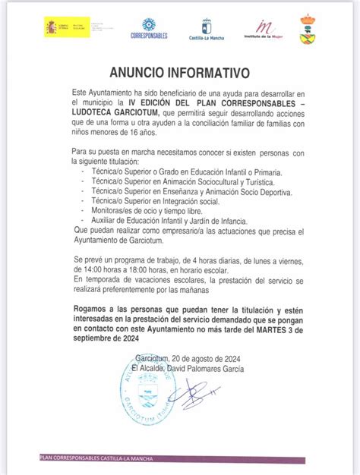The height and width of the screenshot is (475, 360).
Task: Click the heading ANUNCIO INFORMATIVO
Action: pyautogui.click(x=179, y=73)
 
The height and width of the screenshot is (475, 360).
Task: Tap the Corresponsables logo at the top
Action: pyautogui.click(x=149, y=28)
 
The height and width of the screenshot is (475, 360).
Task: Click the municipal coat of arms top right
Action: pyautogui.click(x=308, y=29)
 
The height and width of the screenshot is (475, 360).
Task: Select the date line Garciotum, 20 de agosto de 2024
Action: pyautogui.click(x=179, y=360)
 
